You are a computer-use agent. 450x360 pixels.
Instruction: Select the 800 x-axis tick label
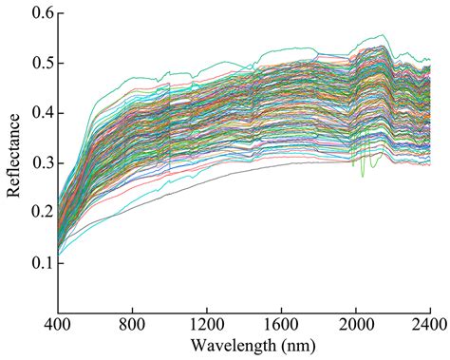click(132, 322)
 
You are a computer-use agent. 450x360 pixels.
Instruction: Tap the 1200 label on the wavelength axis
click(207, 322)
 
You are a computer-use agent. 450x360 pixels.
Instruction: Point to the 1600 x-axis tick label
click(281, 322)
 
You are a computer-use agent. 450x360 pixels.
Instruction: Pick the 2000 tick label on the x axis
click(356, 322)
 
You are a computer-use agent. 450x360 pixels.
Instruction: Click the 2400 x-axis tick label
click(429, 322)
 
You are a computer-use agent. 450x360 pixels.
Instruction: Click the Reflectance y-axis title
click(13, 161)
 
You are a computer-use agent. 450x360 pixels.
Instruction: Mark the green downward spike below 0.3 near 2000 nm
click(363, 174)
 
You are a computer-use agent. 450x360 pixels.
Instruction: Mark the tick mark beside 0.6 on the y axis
click(60, 14)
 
